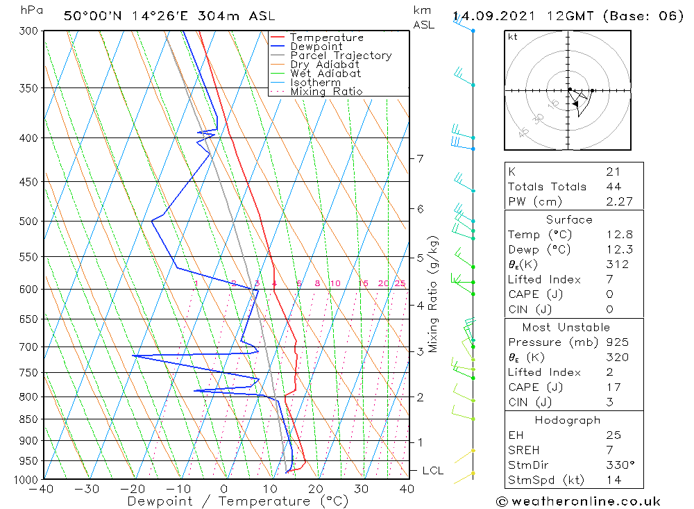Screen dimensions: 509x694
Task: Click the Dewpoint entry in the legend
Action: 316,47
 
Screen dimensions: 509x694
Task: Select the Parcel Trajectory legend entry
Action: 340,56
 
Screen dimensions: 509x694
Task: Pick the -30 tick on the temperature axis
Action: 87,489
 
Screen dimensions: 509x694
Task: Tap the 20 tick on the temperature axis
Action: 316,489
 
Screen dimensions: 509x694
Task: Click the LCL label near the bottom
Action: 432,471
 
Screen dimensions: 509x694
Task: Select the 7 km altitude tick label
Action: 420,158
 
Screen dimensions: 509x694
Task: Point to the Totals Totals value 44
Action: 613,187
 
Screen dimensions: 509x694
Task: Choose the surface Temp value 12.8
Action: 618,235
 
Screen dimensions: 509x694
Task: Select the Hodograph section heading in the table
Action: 568,420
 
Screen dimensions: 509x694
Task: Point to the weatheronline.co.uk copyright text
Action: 578,501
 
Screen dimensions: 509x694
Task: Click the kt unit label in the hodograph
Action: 512,37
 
